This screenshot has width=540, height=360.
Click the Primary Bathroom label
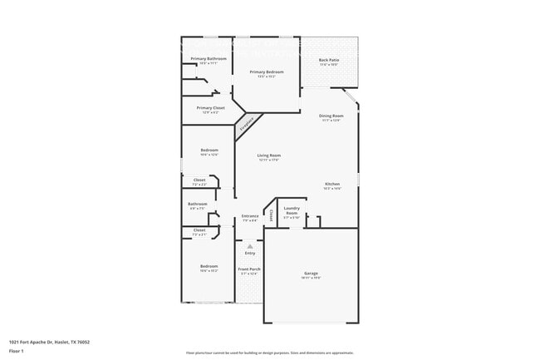[x=209, y=59]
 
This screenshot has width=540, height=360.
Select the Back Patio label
[x=330, y=61]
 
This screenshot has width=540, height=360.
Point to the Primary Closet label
[x=211, y=108]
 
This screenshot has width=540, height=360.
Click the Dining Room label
[x=332, y=116]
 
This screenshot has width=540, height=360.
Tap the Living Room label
[x=268, y=155]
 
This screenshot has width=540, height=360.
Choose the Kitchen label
[x=332, y=184]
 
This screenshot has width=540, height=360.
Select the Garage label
[x=311, y=274]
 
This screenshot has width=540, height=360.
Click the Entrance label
[x=250, y=216]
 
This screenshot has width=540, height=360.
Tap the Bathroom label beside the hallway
[x=198, y=204]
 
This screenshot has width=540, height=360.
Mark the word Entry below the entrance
[x=250, y=253]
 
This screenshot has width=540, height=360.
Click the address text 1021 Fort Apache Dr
[x=49, y=342]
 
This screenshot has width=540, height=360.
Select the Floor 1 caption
[x=17, y=352]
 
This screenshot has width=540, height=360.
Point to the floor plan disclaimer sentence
[x=270, y=352]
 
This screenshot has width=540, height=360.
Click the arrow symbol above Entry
[x=250, y=246]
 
